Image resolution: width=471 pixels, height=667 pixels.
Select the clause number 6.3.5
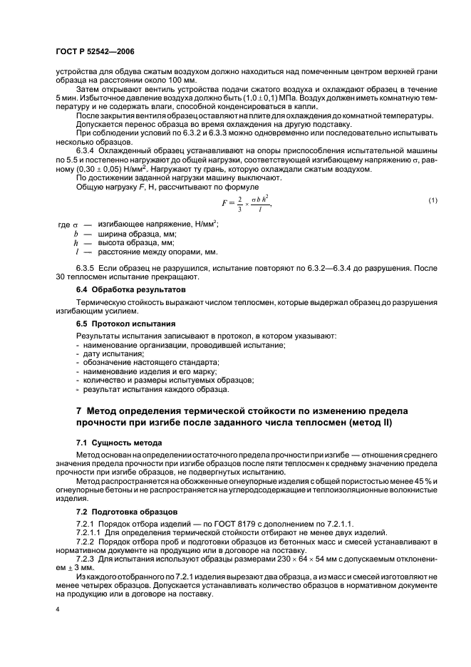[x=88, y=269]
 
